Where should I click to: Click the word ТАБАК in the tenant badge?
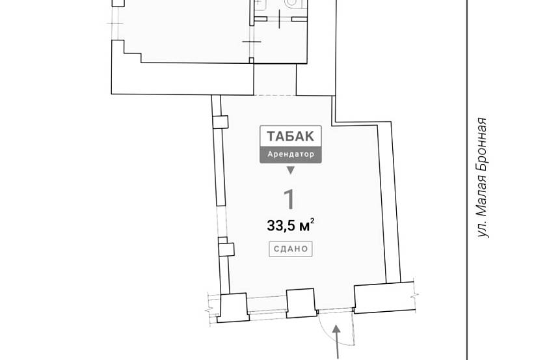click(x=290, y=136)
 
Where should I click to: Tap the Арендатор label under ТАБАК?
click(x=290, y=154)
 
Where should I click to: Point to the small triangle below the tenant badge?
click(x=290, y=171)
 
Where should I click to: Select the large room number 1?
click(x=289, y=199)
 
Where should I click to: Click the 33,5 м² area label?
click(x=290, y=225)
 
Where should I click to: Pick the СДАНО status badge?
click(x=290, y=249)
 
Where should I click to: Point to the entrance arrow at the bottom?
click(x=336, y=342)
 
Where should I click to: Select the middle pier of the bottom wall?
click(x=301, y=303)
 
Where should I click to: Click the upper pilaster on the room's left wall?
click(x=221, y=122)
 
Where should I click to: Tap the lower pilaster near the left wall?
click(x=226, y=249)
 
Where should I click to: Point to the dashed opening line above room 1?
click(x=275, y=95)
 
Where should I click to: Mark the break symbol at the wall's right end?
click(x=415, y=296)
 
